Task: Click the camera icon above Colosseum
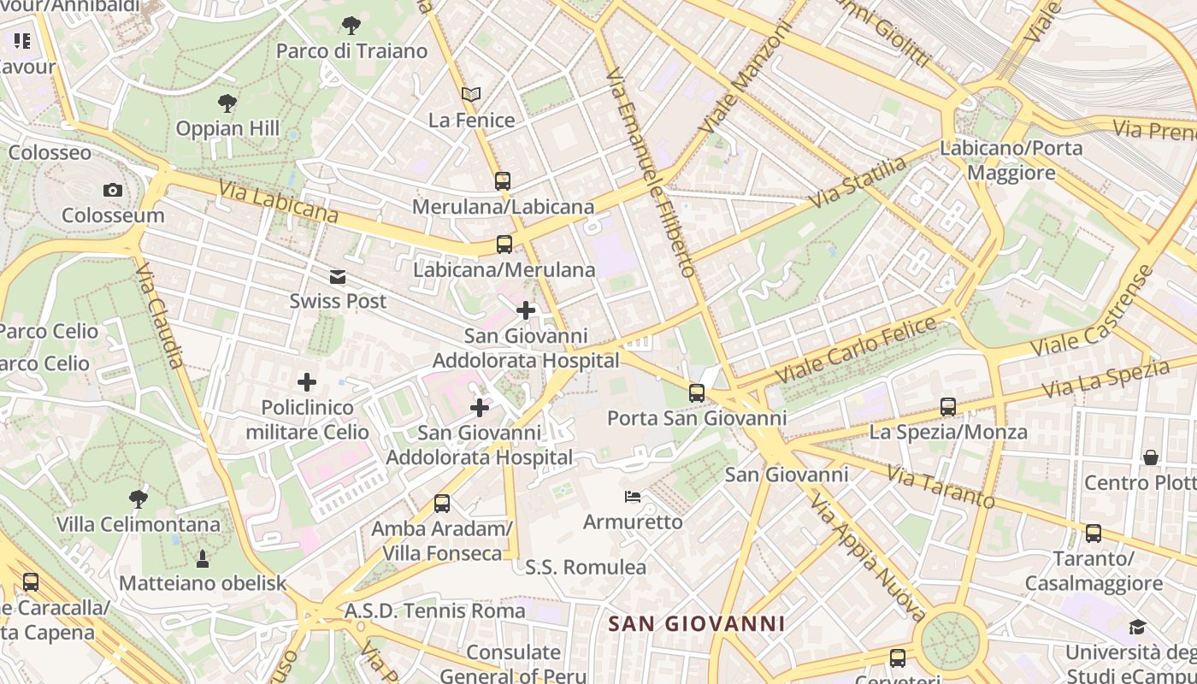112,190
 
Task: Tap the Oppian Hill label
227,129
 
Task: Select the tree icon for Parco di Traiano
351,26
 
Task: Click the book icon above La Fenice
471,94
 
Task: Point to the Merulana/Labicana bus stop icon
503,181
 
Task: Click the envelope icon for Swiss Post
338,276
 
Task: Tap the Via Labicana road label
278,201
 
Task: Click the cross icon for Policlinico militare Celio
307,382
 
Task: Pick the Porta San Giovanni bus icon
697,393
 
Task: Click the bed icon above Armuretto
633,497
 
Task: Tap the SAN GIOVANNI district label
696,623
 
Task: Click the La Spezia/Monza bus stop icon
948,407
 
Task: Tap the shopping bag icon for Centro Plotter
1151,457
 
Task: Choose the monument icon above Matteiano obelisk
203,559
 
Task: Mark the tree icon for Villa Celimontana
139,498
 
